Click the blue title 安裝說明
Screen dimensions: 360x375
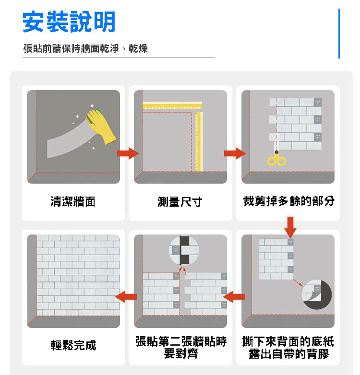69,22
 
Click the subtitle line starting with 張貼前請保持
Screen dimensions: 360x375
86,49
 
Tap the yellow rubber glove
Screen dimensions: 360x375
101,126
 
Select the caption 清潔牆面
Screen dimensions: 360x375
73,201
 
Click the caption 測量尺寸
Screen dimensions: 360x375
180,201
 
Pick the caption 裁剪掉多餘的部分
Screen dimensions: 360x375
289,201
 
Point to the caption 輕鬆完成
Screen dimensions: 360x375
73,345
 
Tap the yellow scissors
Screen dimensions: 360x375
276,158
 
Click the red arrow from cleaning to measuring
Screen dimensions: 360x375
128,153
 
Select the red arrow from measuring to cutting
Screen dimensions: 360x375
235,153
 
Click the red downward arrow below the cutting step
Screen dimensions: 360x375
290,227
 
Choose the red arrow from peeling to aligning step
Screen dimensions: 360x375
234,297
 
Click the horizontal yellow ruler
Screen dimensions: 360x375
172,105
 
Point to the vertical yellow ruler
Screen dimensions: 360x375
199,141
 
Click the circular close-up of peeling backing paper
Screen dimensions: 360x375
317,294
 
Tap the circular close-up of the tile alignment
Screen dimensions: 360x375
184,250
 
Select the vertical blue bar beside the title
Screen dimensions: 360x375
339,33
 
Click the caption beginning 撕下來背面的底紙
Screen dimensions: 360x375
288,348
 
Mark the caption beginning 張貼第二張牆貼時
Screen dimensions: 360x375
181,348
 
